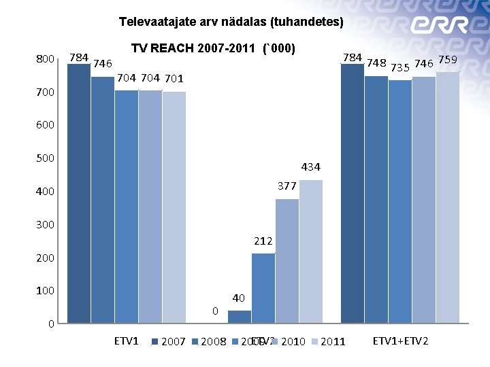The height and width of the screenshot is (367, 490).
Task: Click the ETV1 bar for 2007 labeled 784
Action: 79,193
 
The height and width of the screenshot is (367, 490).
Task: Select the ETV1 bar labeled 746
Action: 103,200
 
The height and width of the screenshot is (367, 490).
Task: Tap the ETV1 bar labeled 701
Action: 174,207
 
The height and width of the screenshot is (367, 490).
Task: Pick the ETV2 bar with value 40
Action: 240,317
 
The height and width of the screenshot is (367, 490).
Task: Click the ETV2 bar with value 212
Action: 263,288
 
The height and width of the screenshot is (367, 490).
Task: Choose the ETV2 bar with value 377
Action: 287,261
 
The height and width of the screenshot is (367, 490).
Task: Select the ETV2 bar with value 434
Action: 311,251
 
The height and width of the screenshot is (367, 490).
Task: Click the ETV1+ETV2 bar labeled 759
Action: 448,197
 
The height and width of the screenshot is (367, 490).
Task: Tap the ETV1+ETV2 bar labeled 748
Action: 376,199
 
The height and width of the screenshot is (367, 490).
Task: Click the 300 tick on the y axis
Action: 46,225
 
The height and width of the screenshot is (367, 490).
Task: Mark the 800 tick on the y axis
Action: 46,60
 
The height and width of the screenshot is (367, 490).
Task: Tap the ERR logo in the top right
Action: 439,25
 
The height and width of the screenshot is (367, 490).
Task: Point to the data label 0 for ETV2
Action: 215,311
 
